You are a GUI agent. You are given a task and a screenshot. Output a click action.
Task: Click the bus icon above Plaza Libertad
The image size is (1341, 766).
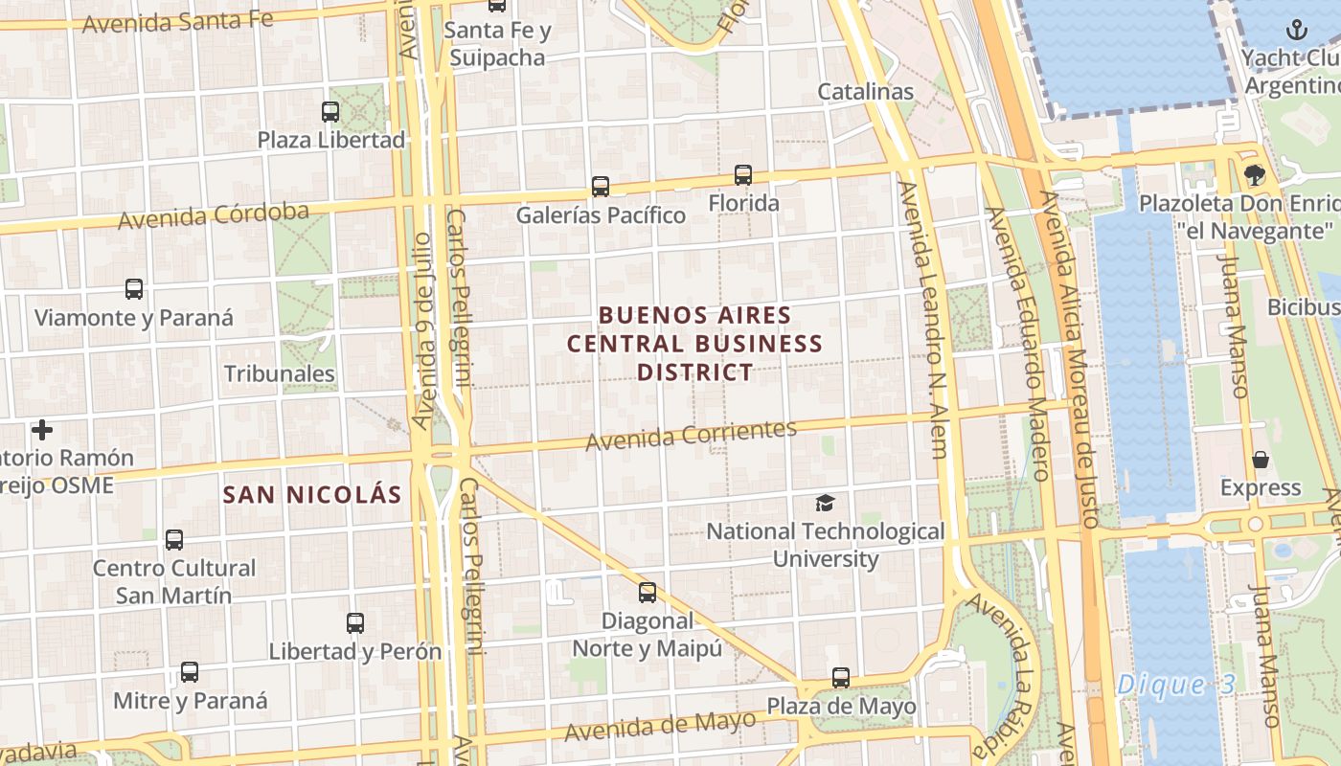tap(330, 112)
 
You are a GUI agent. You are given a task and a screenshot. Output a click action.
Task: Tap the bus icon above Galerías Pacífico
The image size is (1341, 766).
tap(601, 187)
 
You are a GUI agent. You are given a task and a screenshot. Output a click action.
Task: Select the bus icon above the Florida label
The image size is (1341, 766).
tap(743, 175)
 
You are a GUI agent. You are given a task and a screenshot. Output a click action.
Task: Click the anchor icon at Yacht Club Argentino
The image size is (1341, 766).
tap(1296, 30)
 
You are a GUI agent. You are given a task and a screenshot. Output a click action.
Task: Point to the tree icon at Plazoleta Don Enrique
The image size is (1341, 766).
tap(1254, 175)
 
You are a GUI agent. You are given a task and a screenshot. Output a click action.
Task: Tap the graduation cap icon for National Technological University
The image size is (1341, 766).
tap(825, 503)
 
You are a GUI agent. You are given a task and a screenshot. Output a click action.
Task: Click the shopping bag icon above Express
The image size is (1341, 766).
tap(1261, 460)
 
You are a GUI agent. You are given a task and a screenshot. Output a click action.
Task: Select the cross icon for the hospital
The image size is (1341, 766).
tap(42, 430)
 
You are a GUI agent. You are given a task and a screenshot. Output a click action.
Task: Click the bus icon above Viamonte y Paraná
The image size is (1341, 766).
tap(134, 289)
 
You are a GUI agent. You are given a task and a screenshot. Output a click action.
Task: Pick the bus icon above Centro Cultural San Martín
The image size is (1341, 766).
tap(174, 540)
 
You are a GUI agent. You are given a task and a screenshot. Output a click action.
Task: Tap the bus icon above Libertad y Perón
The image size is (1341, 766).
tap(355, 623)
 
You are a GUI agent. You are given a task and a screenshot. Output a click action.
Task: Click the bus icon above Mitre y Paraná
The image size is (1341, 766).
tap(190, 672)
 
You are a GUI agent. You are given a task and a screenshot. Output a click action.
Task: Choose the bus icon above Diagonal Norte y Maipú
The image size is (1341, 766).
tap(648, 593)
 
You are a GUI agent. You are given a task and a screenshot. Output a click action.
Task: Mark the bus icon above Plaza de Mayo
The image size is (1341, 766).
tap(841, 678)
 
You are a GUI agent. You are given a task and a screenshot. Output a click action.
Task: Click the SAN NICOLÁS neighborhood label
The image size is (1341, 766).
tap(311, 495)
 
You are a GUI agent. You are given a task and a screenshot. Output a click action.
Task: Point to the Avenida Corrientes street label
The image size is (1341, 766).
tap(691, 436)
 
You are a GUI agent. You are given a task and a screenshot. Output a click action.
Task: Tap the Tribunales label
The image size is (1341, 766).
tap(280, 374)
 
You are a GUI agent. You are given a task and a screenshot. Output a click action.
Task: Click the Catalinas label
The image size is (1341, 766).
tap(865, 92)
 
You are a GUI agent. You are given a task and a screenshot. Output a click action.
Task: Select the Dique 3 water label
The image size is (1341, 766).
tap(1176, 685)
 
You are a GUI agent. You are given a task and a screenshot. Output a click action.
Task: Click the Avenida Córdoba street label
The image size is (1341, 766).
tap(214, 215)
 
